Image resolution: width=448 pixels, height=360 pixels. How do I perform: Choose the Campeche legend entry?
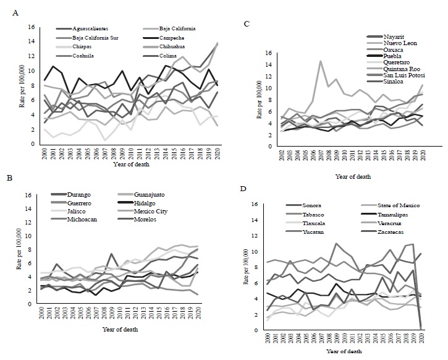point(174,37)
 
